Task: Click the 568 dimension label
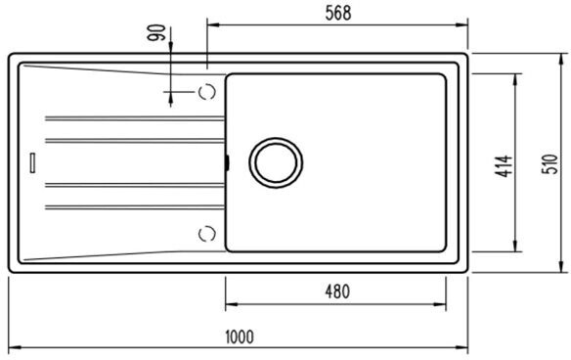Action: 338,13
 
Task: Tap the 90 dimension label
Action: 156,32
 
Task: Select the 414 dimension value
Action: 504,166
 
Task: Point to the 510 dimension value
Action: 549,164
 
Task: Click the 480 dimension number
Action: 337,292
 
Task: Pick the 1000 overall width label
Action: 240,337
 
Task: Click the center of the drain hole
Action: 276,162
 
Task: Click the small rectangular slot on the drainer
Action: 33,162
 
